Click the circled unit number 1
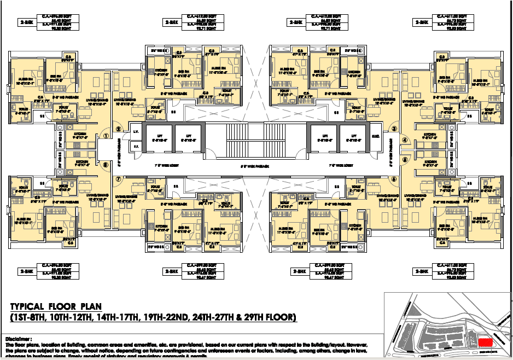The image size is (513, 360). coord(107,136)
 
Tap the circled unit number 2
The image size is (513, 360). coord(119,129)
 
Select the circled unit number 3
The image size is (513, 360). coord(393,129)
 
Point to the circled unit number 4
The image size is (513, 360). coord(405,140)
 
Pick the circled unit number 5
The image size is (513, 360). coord(405,160)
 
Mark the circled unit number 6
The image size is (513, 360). coord(393,179)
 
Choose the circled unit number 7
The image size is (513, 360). coord(119,179)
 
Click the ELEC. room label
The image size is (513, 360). coord(376,135)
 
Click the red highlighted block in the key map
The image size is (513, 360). coord(485,342)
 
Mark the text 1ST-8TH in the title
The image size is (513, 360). coord(28,317)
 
